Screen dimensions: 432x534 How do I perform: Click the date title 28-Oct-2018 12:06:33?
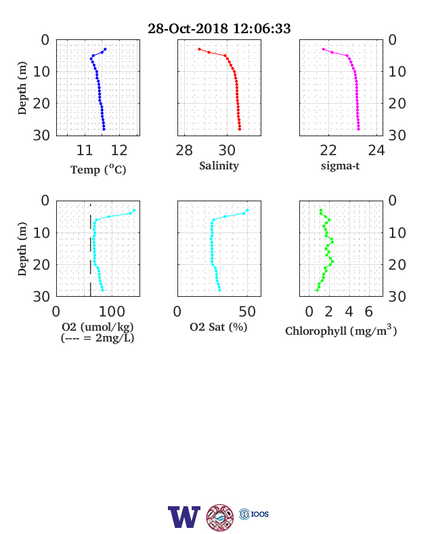click(219, 28)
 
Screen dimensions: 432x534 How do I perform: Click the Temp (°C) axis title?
click(98, 169)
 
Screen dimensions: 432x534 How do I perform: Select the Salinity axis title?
click(219, 166)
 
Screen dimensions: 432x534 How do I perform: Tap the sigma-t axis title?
click(340, 166)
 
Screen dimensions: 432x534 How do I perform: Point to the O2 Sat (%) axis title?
click(219, 327)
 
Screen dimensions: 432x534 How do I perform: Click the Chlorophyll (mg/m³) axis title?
click(341, 330)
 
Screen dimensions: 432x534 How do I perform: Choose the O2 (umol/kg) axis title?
click(98, 327)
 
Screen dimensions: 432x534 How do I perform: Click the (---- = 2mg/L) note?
click(98, 338)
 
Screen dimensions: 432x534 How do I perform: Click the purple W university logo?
click(184, 516)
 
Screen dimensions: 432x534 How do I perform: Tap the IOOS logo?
click(254, 514)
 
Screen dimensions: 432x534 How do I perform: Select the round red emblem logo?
click(220, 517)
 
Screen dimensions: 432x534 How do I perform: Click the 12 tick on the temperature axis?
click(119, 150)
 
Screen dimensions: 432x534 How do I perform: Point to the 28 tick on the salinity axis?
click(184, 150)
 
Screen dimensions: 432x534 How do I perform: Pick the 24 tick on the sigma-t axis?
click(376, 150)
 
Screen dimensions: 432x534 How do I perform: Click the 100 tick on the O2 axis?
click(112, 312)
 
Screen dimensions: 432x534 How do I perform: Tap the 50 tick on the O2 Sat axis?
click(247, 312)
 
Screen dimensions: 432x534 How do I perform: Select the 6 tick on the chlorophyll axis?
click(369, 312)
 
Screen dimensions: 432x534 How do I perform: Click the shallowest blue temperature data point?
click(105, 49)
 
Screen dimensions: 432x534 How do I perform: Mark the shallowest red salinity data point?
click(199, 49)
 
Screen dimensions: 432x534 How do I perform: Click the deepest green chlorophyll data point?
click(317, 290)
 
